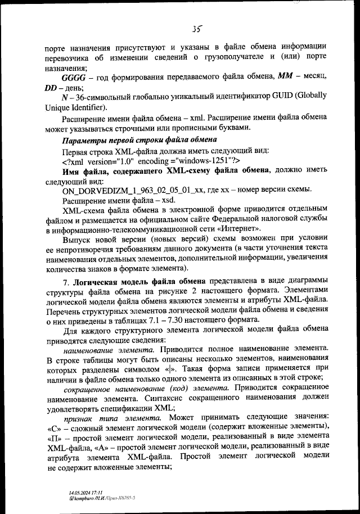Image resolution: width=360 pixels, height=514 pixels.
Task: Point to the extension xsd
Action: (x=166, y=201)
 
